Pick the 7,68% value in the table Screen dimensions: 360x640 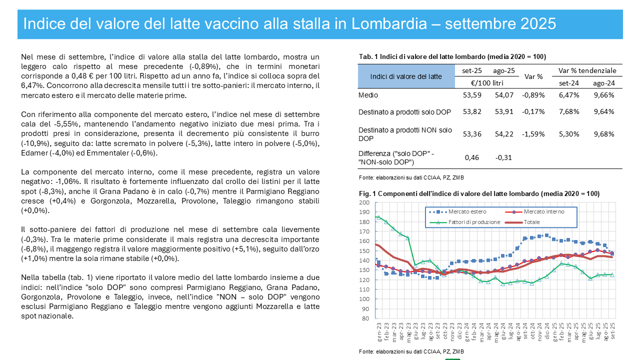point(569,111)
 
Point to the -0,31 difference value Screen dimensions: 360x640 point(503,157)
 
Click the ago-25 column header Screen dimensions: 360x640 point(503,70)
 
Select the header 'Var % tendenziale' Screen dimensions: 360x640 point(587,70)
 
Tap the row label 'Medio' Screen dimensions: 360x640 point(368,95)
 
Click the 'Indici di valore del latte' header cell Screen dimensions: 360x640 point(405,76)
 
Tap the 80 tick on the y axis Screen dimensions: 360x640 point(365,318)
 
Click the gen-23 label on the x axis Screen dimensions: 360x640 point(379,331)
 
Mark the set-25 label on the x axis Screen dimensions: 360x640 point(613,331)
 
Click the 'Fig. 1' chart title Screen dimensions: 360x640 point(479,193)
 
